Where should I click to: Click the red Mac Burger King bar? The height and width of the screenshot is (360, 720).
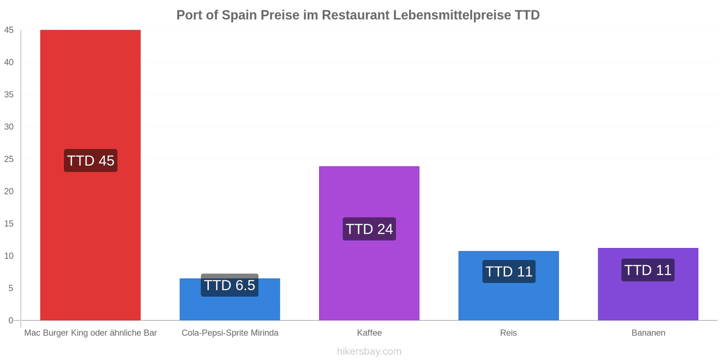click(90, 175)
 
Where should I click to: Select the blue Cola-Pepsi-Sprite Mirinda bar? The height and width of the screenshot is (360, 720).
click(230, 299)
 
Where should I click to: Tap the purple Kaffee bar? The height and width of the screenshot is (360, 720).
click(369, 243)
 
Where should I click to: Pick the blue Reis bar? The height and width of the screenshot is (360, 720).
click(508, 286)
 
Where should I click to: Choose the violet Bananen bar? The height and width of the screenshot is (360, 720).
click(648, 284)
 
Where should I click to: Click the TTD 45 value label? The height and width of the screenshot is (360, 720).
click(90, 160)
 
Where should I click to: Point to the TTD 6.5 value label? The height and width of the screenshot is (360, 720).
click(229, 285)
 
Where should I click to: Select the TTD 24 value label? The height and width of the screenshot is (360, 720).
click(369, 229)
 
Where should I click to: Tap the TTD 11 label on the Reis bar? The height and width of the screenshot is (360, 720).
click(509, 271)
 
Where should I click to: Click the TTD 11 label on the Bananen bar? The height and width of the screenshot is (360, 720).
click(648, 270)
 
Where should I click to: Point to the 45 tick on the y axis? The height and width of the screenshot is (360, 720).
click(9, 30)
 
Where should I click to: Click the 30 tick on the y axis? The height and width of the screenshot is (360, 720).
click(9, 126)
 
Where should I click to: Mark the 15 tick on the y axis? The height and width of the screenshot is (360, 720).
click(9, 223)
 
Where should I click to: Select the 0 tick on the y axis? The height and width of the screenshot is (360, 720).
click(11, 320)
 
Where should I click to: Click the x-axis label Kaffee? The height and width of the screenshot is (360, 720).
click(369, 333)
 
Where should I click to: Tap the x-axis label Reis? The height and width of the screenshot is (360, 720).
click(508, 333)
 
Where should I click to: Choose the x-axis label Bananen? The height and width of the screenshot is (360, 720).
click(648, 333)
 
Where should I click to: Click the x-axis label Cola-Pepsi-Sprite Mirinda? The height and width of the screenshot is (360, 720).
click(230, 333)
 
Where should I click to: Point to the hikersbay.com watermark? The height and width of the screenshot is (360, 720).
click(369, 351)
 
